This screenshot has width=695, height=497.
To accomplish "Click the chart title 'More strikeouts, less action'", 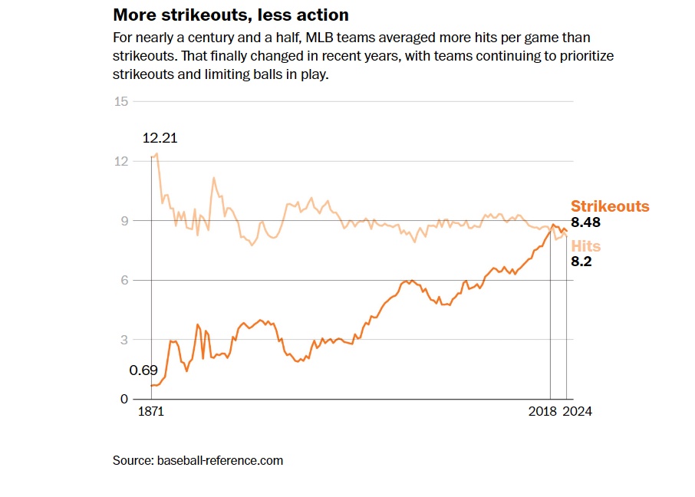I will coord(231,15).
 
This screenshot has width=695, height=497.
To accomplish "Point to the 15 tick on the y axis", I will coord(120,101).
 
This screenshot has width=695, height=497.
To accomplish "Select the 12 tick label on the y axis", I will coord(120,161).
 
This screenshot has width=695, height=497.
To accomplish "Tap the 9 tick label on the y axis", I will coord(124,221).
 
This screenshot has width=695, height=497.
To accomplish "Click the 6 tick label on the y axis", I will coord(124,280).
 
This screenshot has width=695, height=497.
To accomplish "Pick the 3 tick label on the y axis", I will coord(124,340).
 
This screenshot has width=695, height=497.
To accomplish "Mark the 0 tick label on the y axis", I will coord(124,399).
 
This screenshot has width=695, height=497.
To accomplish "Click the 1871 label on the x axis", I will coord(150,412).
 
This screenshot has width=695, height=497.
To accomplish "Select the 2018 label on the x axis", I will coord(542,412).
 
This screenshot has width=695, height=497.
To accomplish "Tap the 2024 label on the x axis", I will coord(578,412).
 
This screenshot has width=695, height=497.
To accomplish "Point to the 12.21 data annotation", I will coord(160,139).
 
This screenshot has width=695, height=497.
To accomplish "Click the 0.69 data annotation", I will coord(143,370).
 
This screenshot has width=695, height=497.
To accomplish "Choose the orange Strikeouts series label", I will coord(610,206).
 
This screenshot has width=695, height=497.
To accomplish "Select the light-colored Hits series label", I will coord(586,246).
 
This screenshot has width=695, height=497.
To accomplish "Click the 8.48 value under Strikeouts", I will coord(585,222).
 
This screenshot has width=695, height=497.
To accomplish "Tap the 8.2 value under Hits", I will coord(581,262).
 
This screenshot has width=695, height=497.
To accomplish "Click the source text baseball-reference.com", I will coord(220,460).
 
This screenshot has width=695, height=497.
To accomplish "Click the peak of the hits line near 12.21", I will coord(156,154).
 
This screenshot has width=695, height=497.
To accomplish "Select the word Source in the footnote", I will coord(133,460).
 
